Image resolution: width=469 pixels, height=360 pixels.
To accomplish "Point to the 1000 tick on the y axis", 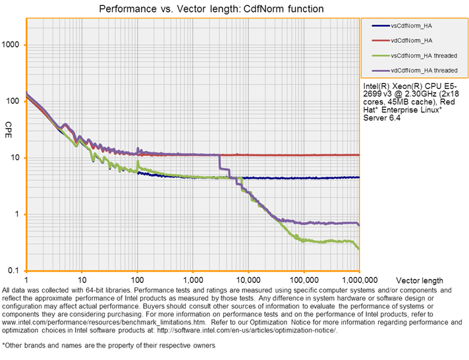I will coord(13,45).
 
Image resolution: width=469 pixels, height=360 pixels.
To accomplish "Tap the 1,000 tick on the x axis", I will coord(192,280).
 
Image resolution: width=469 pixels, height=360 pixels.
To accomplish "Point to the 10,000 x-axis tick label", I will coord(248,280).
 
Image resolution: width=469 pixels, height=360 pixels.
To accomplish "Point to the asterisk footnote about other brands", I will coord(109,345).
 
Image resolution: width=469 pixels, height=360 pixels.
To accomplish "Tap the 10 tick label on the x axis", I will coord(82,280).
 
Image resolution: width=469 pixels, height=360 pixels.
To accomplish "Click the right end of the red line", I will coord(358,155).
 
